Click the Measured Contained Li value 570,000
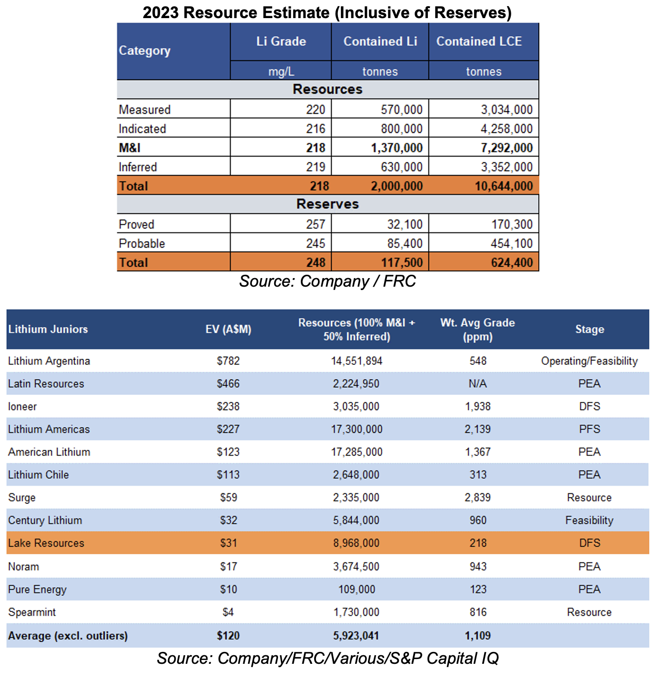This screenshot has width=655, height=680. [401, 110]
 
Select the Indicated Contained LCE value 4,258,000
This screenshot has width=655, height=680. [506, 129]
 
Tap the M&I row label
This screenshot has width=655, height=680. [129, 148]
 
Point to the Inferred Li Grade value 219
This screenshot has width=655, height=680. [316, 167]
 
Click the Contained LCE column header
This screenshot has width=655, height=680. [479, 41]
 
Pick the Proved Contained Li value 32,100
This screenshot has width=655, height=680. [405, 224]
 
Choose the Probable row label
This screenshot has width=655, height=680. [142, 243]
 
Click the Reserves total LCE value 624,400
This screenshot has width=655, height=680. [512, 262]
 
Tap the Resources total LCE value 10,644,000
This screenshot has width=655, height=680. [504, 186]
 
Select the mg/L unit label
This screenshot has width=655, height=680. [281, 71]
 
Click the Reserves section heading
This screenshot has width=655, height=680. [327, 204]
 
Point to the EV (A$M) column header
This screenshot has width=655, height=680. [228, 329]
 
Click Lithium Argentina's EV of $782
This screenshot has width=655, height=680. [228, 360]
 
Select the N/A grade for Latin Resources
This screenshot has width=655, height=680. [477, 383]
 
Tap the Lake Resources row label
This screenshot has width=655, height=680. [46, 543]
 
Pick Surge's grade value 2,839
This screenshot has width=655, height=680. [477, 497]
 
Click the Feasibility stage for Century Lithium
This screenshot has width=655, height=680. [589, 520]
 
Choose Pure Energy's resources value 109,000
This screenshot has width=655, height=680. [357, 589]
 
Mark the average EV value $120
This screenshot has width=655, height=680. [228, 635]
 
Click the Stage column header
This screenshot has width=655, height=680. [590, 329]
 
